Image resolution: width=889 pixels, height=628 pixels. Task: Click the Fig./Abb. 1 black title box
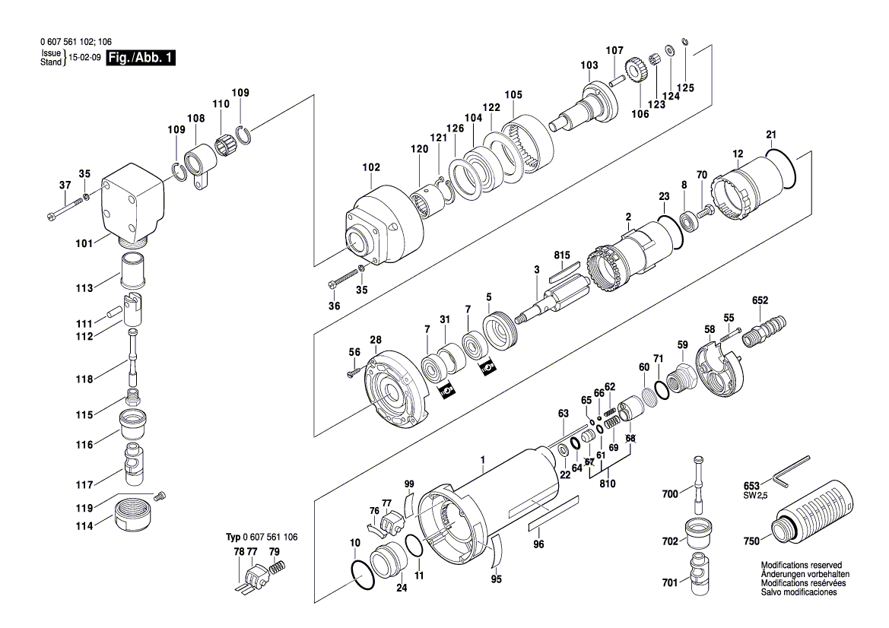141,59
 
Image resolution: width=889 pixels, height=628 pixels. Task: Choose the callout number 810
608,483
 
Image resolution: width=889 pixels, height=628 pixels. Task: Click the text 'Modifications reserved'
801,566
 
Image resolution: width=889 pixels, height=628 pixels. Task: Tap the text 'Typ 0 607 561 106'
262,537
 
